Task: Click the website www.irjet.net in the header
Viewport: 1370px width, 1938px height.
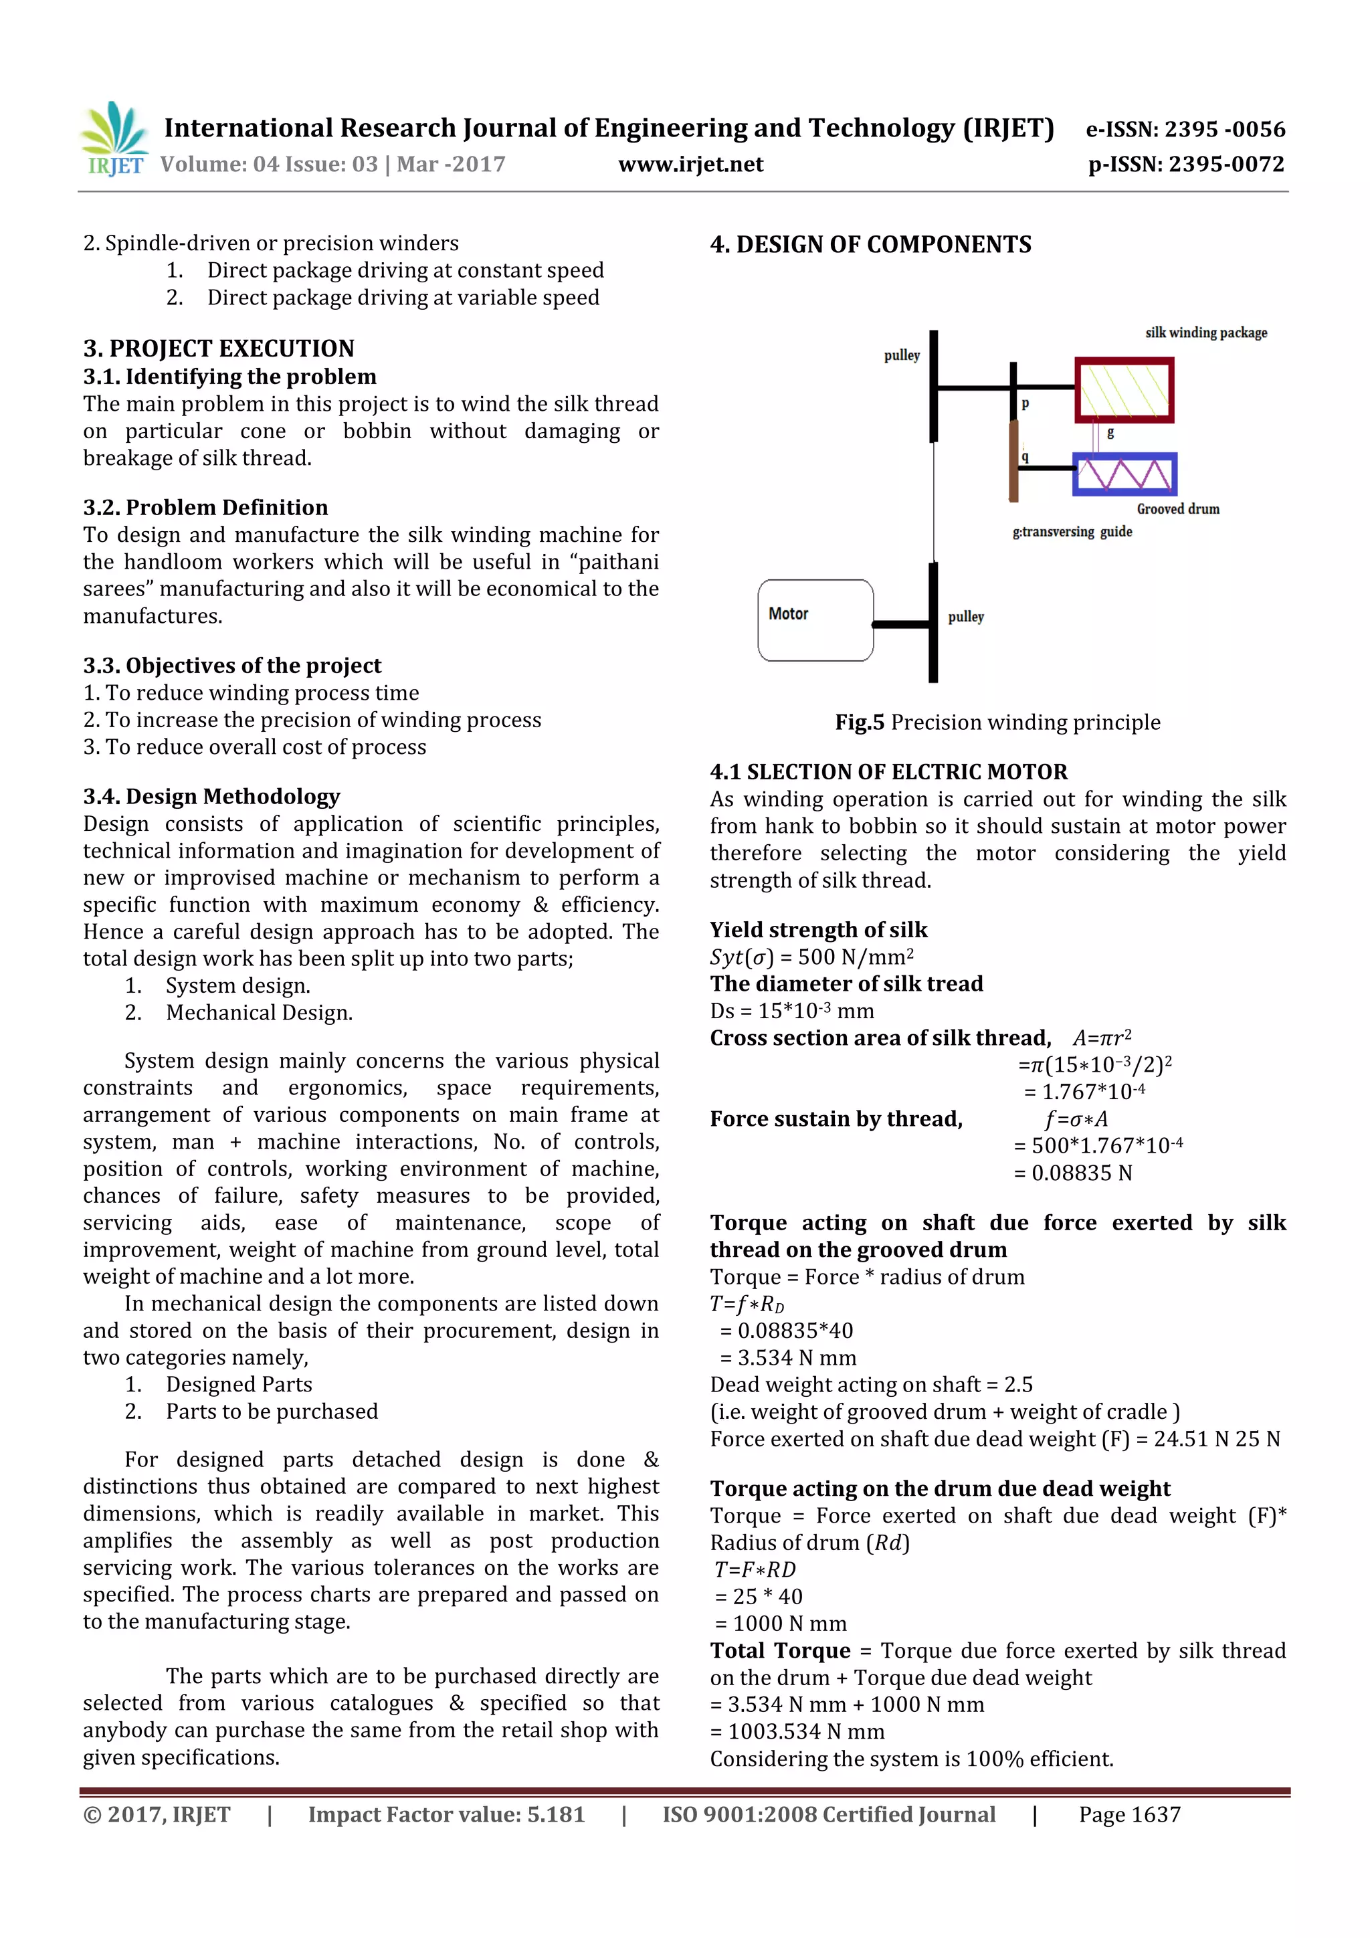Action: (690, 165)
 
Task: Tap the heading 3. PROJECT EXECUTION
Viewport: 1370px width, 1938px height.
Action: (219, 349)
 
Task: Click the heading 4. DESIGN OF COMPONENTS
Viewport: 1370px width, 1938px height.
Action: (870, 245)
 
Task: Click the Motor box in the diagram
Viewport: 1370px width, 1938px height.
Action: (815, 620)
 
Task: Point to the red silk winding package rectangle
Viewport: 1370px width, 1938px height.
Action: (1124, 390)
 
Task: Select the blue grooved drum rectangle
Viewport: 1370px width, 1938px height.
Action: (1124, 474)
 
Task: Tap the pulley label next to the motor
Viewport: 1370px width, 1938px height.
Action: (966, 617)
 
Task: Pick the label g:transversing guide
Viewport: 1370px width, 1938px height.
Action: (1072, 532)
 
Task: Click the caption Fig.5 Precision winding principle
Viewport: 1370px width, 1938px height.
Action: (997, 722)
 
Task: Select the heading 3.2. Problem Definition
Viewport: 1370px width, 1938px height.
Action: (205, 507)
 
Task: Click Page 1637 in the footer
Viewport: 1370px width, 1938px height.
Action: (1129, 1815)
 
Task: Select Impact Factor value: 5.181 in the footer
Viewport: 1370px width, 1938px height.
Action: (446, 1815)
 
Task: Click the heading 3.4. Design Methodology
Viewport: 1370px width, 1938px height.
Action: (211, 797)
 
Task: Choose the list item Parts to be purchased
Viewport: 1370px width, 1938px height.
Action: (271, 1412)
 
